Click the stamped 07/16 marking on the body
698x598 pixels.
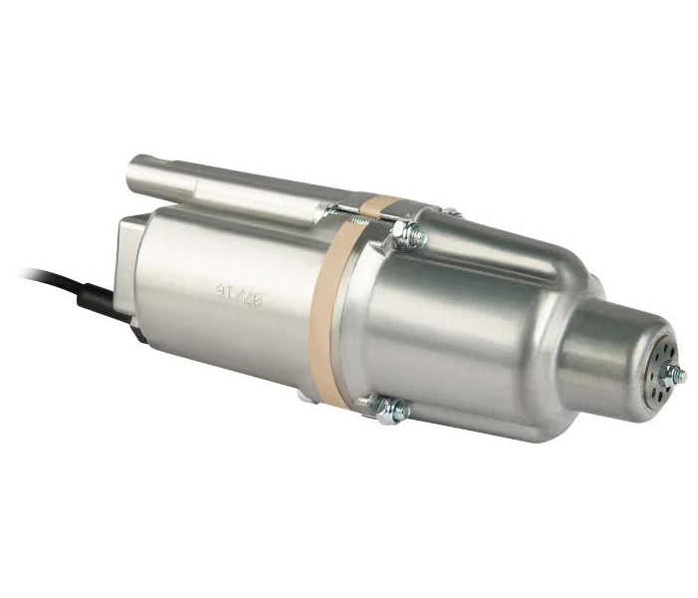232,292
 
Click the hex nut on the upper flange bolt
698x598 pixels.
407,235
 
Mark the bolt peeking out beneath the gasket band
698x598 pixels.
303,396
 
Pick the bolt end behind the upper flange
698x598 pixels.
453,212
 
